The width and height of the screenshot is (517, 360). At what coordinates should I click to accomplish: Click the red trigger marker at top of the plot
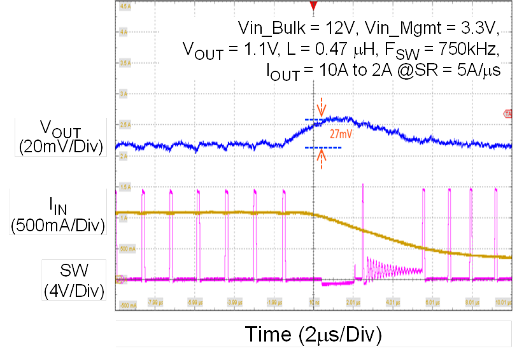[313, 6]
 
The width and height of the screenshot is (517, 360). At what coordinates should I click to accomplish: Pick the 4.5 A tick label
[125, 6]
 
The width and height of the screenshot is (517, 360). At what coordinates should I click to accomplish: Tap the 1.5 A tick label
[125, 187]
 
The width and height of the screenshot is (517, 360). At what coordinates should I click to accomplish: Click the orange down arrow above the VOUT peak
[322, 105]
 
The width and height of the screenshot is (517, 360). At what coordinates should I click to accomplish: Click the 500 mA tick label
[127, 248]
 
